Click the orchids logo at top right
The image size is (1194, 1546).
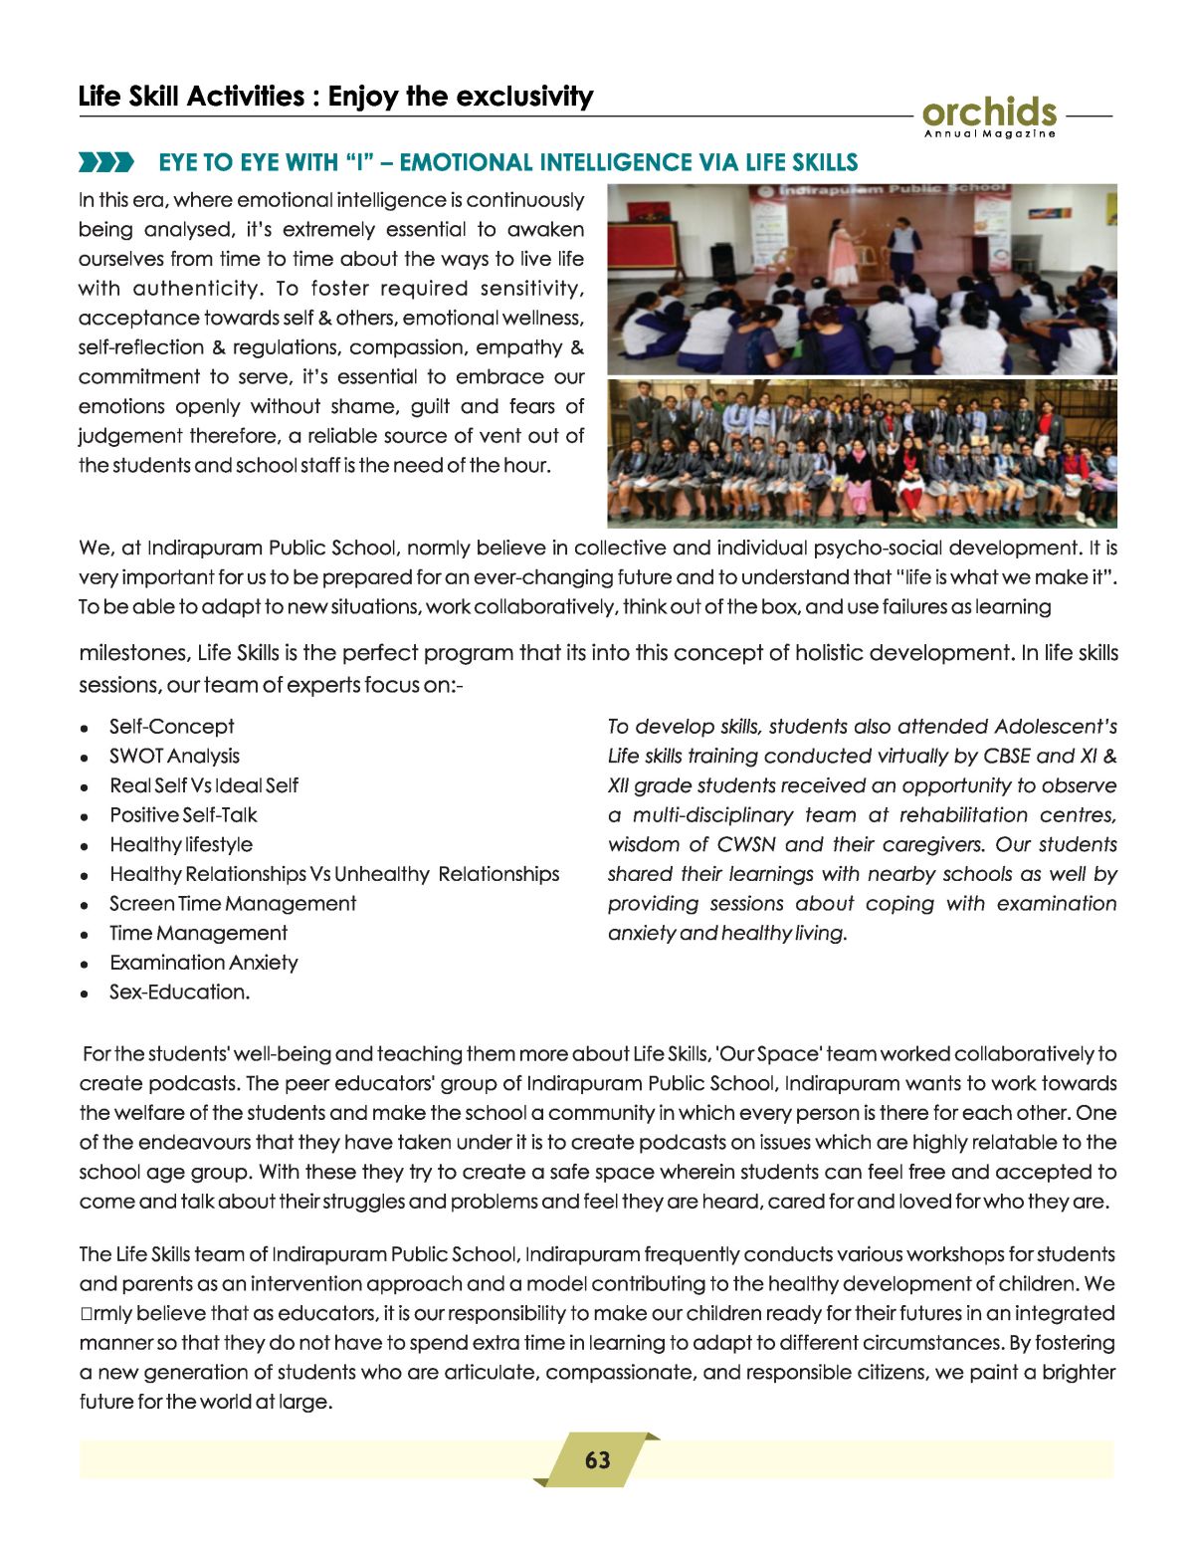coord(989,111)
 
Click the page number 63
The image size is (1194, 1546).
coord(597,1459)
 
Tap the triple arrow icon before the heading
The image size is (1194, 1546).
coord(105,162)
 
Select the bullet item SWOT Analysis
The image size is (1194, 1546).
coord(174,756)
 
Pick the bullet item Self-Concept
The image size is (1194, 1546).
coord(171,727)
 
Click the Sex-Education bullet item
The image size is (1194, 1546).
coord(179,992)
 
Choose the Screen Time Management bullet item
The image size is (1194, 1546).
coord(232,903)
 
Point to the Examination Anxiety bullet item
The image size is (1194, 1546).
coord(203,963)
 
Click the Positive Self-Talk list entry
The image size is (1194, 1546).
coord(183,815)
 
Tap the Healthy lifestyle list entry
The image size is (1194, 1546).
coord(180,844)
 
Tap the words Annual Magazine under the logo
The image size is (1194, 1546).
coord(989,133)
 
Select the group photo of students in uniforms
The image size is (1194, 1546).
coord(862,453)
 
